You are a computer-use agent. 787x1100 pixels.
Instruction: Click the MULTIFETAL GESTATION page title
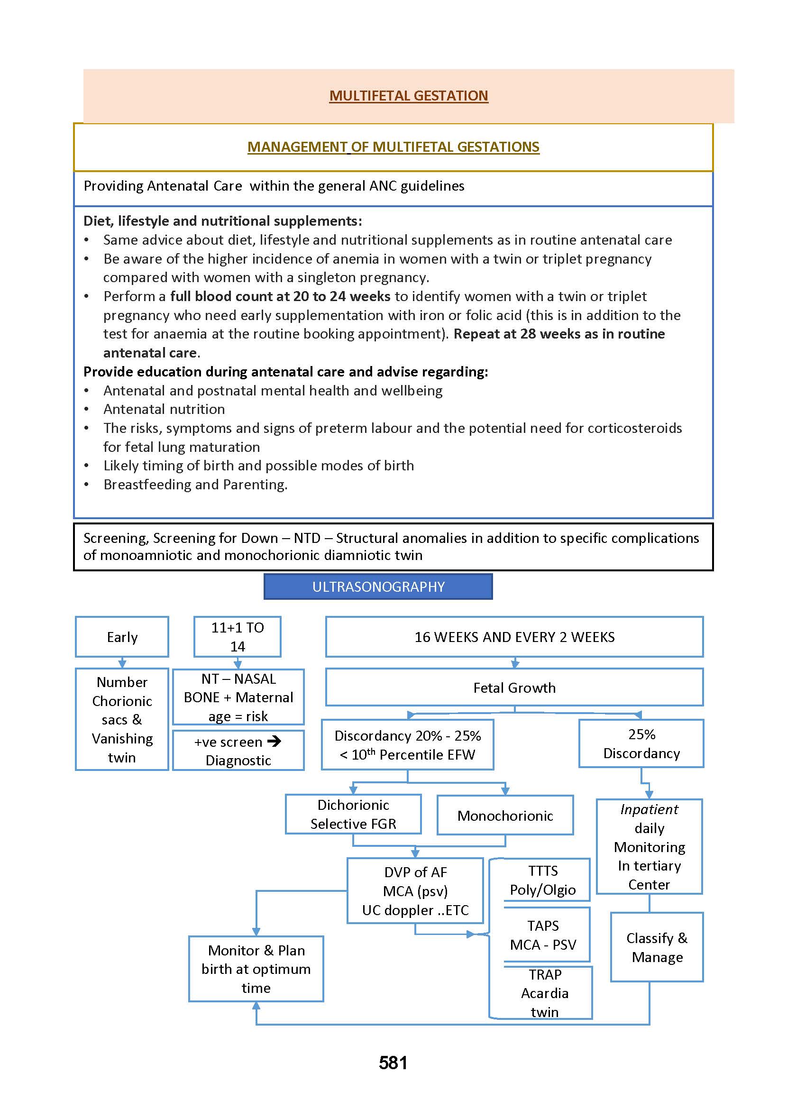pyautogui.click(x=408, y=95)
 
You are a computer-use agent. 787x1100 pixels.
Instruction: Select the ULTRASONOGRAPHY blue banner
pyautogui.click(x=378, y=587)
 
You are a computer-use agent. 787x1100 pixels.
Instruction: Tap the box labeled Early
pyautogui.click(x=122, y=637)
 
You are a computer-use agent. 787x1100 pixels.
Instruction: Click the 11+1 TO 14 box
pyautogui.click(x=238, y=637)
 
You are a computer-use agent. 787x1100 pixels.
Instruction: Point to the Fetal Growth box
pyautogui.click(x=514, y=687)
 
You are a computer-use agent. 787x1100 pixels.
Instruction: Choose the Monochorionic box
pyautogui.click(x=505, y=816)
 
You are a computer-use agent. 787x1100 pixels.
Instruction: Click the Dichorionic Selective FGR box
pyautogui.click(x=353, y=814)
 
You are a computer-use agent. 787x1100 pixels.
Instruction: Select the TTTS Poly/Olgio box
pyautogui.click(x=543, y=880)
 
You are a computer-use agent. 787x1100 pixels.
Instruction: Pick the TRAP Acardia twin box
pyautogui.click(x=544, y=993)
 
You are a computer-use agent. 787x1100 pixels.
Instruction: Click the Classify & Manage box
pyautogui.click(x=657, y=947)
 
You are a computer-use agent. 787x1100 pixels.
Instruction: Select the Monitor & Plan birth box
pyautogui.click(x=256, y=969)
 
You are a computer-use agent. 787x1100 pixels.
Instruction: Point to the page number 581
pyautogui.click(x=393, y=1063)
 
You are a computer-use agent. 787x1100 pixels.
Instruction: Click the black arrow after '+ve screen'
pyautogui.click(x=275, y=741)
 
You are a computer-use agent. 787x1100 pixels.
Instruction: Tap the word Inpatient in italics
pyautogui.click(x=649, y=809)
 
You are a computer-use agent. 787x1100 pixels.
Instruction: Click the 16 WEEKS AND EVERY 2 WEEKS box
pyautogui.click(x=514, y=637)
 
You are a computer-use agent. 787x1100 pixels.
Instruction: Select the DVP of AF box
pyautogui.click(x=415, y=890)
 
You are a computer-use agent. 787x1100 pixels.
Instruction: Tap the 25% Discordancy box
pyautogui.click(x=641, y=743)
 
